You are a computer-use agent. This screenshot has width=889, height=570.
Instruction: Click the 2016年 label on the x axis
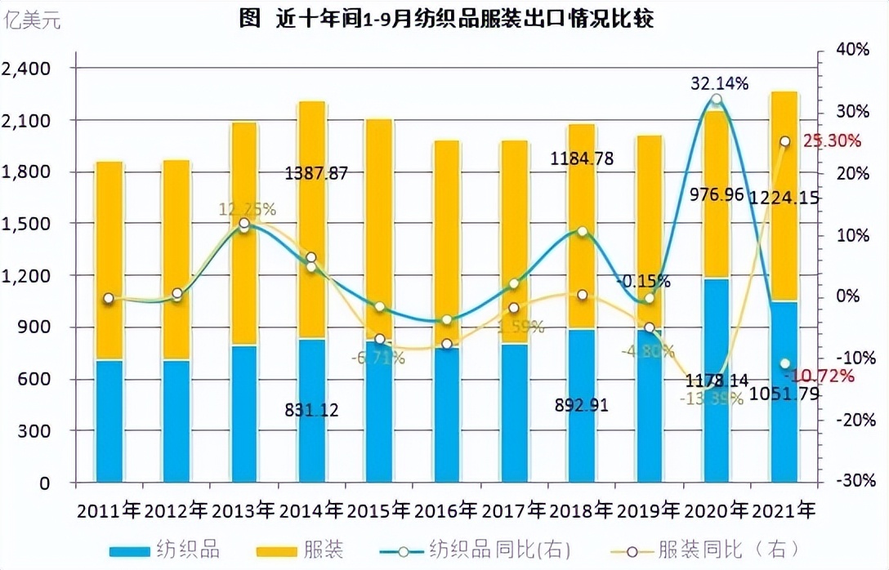click(x=445, y=511)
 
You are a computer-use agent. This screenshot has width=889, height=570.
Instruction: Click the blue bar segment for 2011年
click(x=109, y=421)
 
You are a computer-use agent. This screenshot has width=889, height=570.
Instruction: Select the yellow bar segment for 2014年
click(x=311, y=220)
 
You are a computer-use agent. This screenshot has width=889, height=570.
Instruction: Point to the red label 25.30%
click(x=832, y=140)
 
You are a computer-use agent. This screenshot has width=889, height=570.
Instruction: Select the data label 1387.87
click(x=316, y=173)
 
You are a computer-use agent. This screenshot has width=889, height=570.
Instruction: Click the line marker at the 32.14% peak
click(x=717, y=100)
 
